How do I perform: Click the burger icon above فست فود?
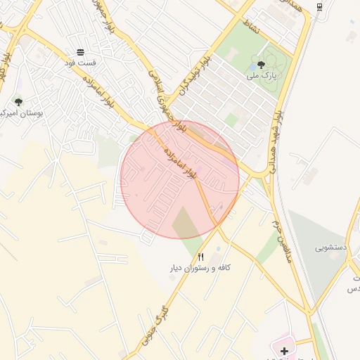coord(80,53)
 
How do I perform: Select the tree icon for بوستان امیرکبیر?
coord(18,102)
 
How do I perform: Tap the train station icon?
coord(319,7)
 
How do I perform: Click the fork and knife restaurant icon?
coord(201,257)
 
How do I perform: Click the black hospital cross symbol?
coord(284,350)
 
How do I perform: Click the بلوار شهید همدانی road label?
coord(272,140)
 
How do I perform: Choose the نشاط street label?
coord(250,27)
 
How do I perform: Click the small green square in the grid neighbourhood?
coord(231,121)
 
